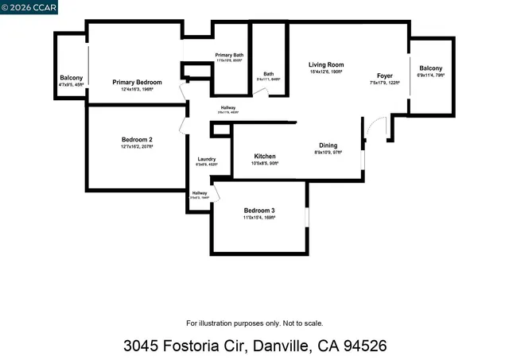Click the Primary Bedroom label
coord(137,82)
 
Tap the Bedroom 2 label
coord(137,139)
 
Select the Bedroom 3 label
coord(258,210)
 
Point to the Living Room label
coord(326,64)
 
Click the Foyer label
coord(385,76)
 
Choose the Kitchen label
coord(265,156)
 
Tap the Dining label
coord(328,145)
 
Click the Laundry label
coord(206,159)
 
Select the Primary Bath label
coord(229,55)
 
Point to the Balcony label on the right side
coord(430,68)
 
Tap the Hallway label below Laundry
coord(199,193)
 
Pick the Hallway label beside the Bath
coord(228,107)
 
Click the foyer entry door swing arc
coord(372,124)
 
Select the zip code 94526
coord(360,346)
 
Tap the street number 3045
coord(146,346)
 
